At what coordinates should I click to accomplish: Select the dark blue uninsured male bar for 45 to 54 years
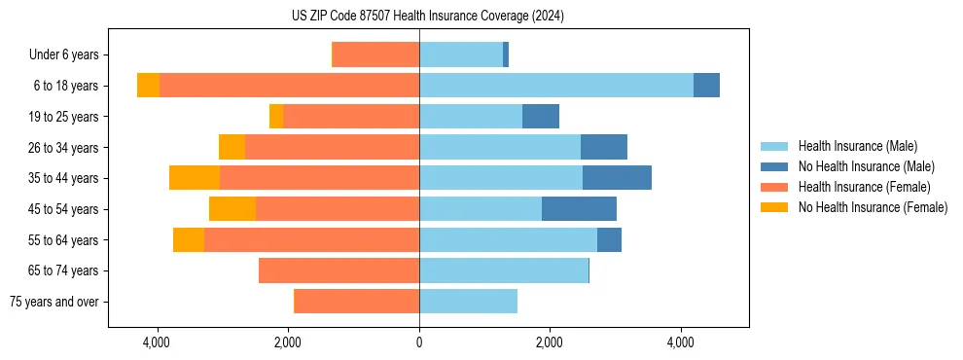tap(579, 209)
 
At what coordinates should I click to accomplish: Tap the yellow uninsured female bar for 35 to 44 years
tap(195, 178)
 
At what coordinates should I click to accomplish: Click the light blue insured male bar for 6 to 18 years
tap(555, 86)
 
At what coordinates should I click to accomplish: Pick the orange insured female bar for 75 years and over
tap(356, 302)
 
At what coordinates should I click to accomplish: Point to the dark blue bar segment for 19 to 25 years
tap(541, 117)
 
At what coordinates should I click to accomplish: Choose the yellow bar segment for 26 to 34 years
tap(232, 147)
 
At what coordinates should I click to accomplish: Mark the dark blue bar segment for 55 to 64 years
tap(609, 240)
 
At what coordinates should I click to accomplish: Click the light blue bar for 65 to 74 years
tap(504, 270)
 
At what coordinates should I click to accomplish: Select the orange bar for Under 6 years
tap(376, 54)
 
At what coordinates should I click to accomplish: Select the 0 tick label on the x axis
tap(419, 342)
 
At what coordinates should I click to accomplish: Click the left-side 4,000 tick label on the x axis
tap(157, 342)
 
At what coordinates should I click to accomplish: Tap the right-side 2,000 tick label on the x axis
tap(549, 342)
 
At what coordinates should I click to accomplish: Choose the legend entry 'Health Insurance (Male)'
tap(857, 146)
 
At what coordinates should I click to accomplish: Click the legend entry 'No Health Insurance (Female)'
tap(873, 207)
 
